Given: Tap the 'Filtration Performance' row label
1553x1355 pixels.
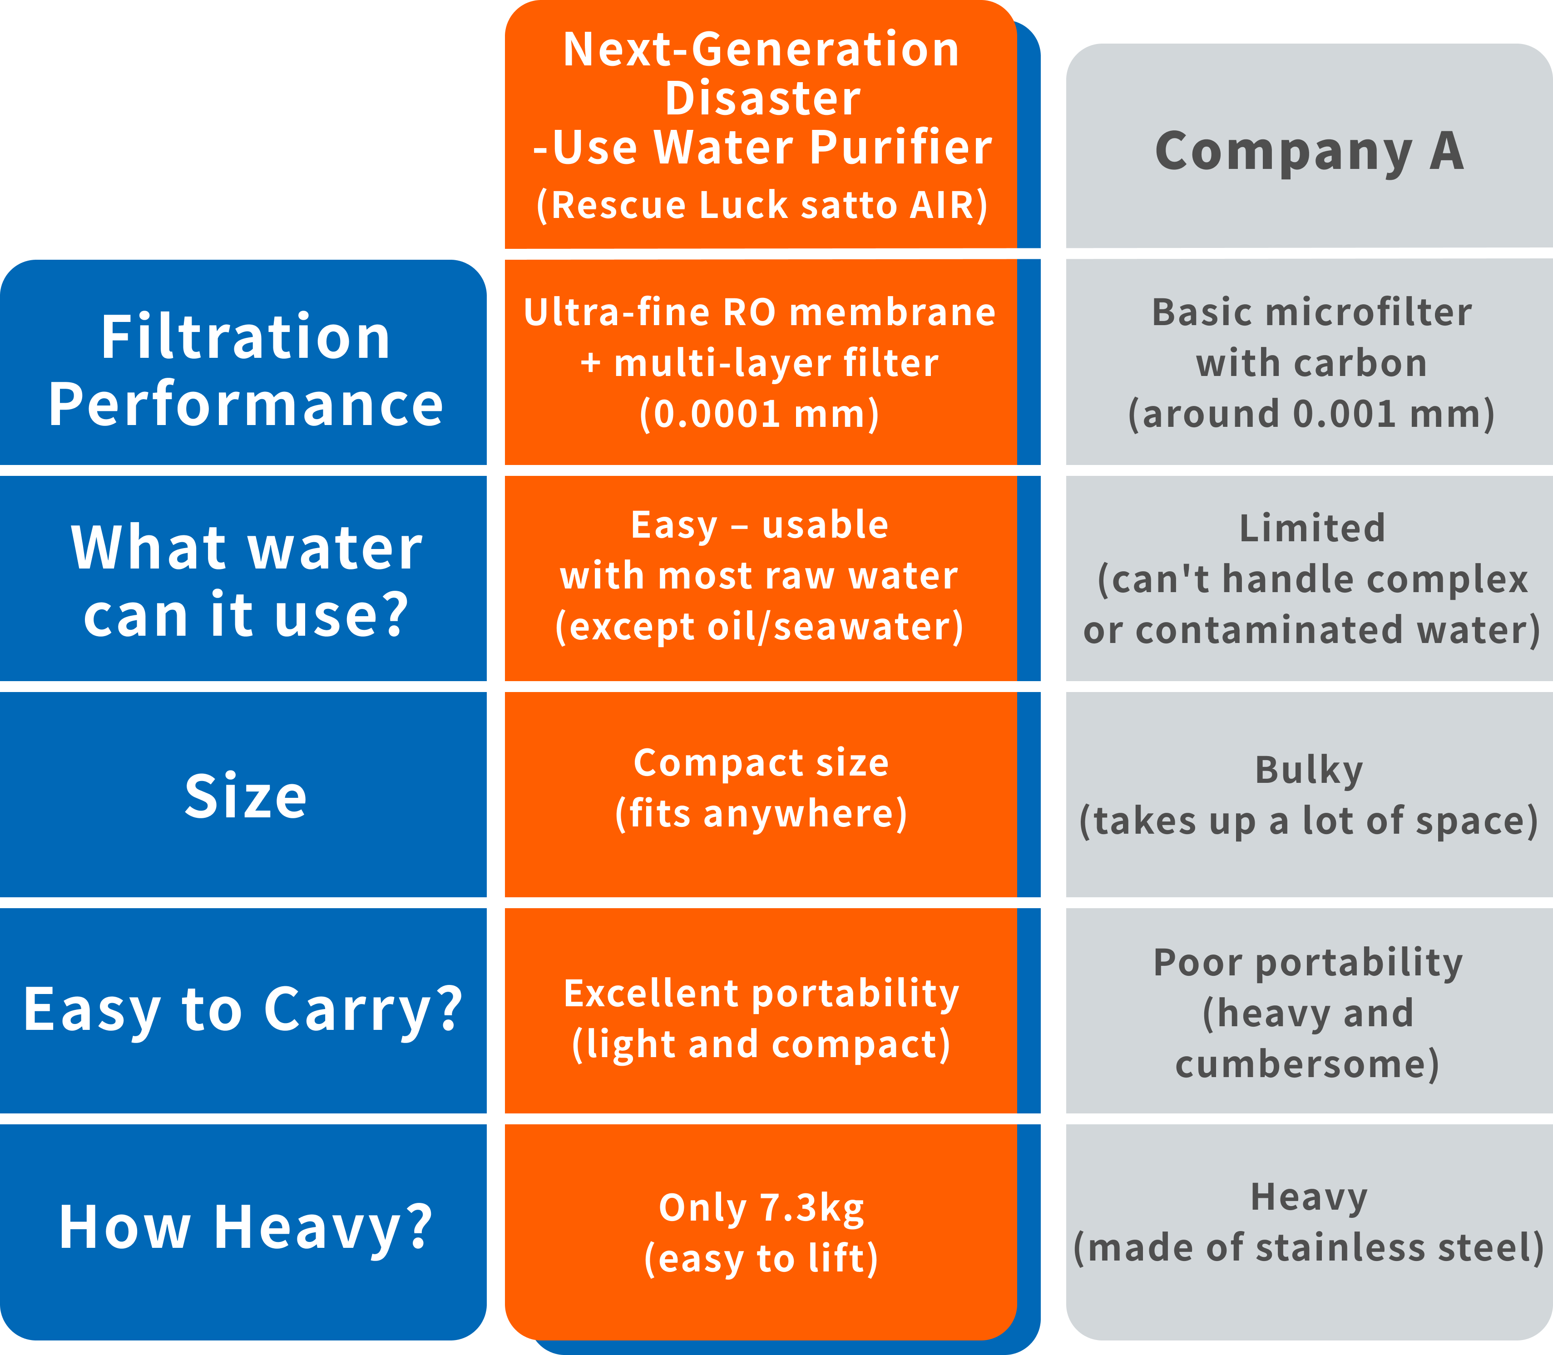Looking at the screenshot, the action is click(x=246, y=371).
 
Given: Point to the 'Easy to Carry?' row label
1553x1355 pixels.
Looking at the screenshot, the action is click(x=242, y=1011).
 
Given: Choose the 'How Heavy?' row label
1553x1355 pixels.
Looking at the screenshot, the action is click(x=246, y=1228).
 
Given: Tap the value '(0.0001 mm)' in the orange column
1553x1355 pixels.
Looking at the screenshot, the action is click(x=760, y=415).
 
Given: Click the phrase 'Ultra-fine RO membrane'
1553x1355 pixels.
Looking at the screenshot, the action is click(x=760, y=312).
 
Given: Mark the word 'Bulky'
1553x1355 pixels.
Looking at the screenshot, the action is click(x=1310, y=771).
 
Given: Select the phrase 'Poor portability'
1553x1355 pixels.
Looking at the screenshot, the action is click(x=1308, y=963).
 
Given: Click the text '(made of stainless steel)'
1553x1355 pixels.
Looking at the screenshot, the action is click(x=1309, y=1248).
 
